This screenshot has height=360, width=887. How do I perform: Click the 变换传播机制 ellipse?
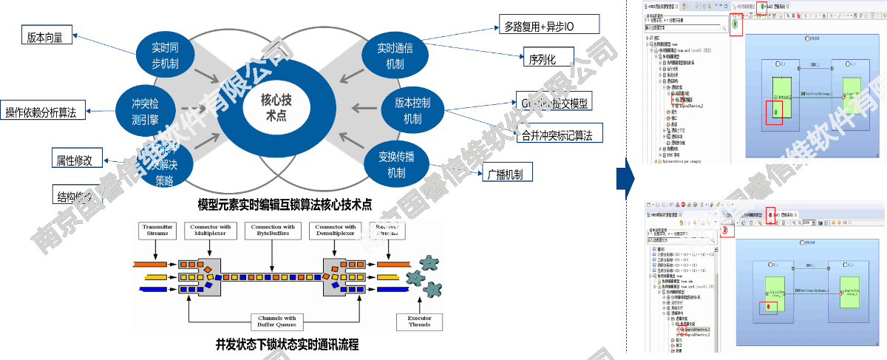tap(395, 165)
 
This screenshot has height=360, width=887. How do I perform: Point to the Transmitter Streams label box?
tap(157, 230)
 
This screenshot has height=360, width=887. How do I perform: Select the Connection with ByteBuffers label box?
tap(273, 230)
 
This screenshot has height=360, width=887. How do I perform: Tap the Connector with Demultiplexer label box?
tap(336, 230)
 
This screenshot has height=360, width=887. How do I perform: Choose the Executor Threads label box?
tap(419, 322)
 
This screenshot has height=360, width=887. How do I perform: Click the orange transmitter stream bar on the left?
tap(153, 264)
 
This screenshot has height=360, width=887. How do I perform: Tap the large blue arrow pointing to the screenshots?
tap(623, 178)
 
